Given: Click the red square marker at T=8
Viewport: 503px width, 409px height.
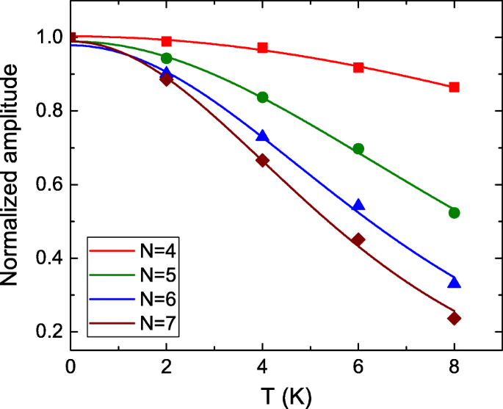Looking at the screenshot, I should (454, 87).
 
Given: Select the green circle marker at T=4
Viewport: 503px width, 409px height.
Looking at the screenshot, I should (262, 98).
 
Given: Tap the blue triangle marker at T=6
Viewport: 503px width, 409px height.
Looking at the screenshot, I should (358, 205).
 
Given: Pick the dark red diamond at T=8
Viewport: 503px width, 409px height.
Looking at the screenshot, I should (454, 318).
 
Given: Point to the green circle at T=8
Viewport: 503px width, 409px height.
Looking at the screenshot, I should (454, 213).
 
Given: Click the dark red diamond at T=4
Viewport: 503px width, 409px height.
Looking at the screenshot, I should (262, 160).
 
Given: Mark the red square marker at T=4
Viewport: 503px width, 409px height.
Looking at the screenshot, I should (262, 48).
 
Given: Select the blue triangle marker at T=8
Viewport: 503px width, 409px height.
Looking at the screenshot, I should (454, 283).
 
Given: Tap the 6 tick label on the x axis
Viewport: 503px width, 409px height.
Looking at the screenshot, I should (358, 366).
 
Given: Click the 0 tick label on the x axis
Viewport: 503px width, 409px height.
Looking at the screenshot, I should (71, 366).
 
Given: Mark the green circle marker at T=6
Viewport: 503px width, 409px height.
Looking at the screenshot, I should (358, 148).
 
